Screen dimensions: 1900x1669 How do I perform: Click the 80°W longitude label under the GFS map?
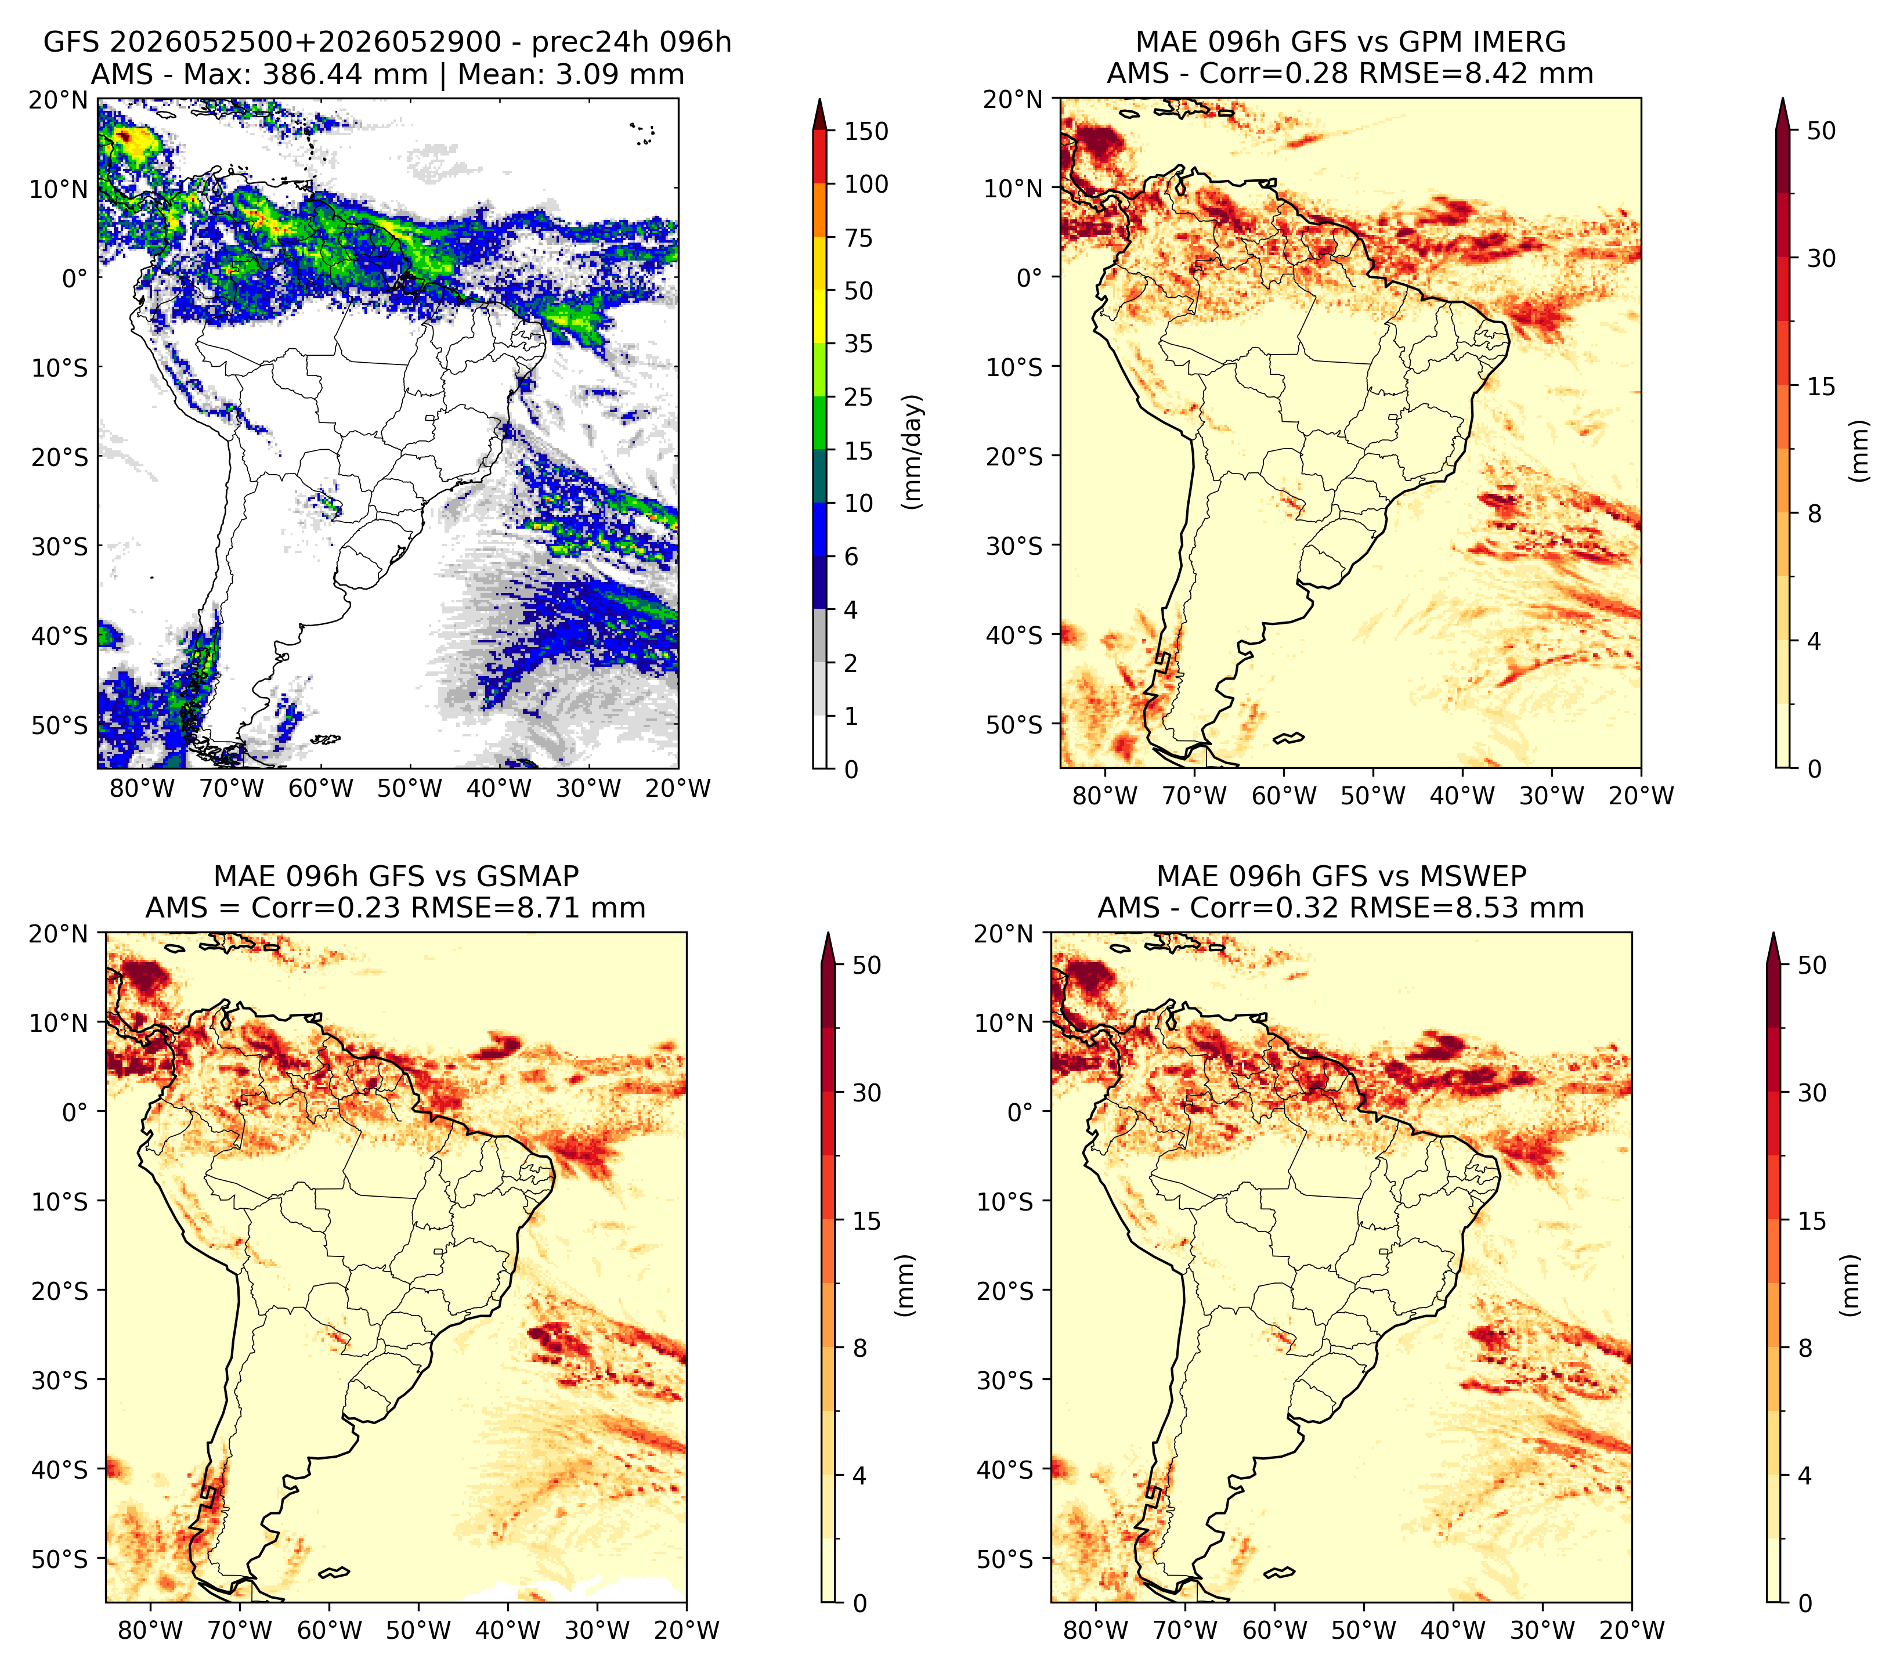tap(142, 788)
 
